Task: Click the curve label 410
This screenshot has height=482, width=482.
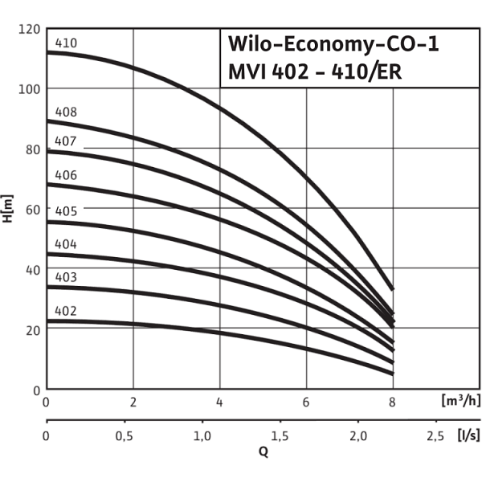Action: click(x=66, y=43)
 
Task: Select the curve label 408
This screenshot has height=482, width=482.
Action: click(x=66, y=112)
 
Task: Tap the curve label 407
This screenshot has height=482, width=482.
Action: click(x=66, y=142)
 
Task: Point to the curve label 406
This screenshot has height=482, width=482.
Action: click(x=66, y=174)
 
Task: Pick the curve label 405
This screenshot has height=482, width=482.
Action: click(x=66, y=211)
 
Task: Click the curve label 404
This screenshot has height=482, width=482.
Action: click(x=66, y=244)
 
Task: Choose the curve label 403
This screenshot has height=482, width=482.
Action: click(x=66, y=276)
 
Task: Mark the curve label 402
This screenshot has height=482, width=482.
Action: click(x=66, y=310)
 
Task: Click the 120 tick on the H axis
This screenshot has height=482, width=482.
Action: click(x=29, y=29)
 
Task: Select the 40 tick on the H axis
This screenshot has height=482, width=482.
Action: click(x=32, y=270)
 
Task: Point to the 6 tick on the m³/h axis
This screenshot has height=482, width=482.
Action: click(x=306, y=402)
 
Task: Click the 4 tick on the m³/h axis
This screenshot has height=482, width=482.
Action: click(x=219, y=402)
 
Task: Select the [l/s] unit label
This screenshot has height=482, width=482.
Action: click(x=466, y=435)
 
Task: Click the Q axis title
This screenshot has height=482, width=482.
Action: click(x=262, y=451)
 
